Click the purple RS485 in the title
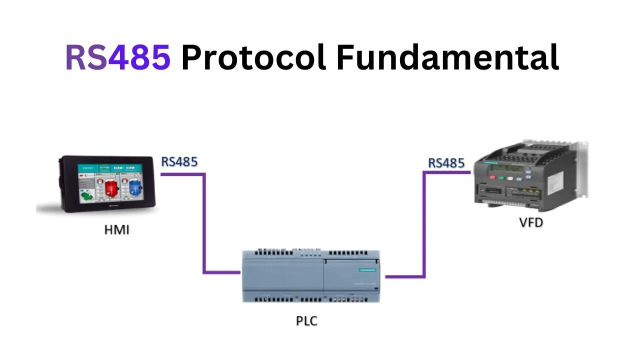point(118,57)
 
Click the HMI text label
point(116,230)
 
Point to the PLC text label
point(306,320)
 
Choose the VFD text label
point(530,222)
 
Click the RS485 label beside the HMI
point(179,162)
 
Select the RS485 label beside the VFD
point(446,163)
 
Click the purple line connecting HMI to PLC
point(204,225)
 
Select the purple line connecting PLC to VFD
point(424,225)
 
